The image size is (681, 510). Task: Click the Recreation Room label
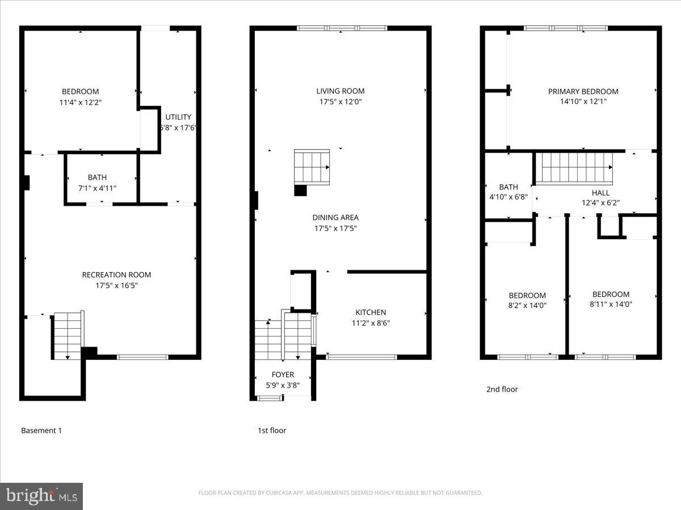(116, 275)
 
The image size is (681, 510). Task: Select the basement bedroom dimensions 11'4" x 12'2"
(80, 103)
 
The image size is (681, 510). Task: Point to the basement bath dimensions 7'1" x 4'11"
(97, 188)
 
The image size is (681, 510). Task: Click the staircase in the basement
(68, 335)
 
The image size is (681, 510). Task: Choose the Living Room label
(340, 91)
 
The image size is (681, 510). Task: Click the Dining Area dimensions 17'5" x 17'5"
(335, 228)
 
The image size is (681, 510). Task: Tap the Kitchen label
(371, 312)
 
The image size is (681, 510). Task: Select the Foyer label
(283, 375)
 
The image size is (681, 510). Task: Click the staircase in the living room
(312, 167)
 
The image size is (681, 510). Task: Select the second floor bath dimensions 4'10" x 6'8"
(508, 197)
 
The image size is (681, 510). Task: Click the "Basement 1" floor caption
(41, 431)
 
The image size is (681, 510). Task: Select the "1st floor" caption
(272, 431)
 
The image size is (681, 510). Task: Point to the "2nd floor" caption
(502, 389)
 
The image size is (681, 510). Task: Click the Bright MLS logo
(41, 496)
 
